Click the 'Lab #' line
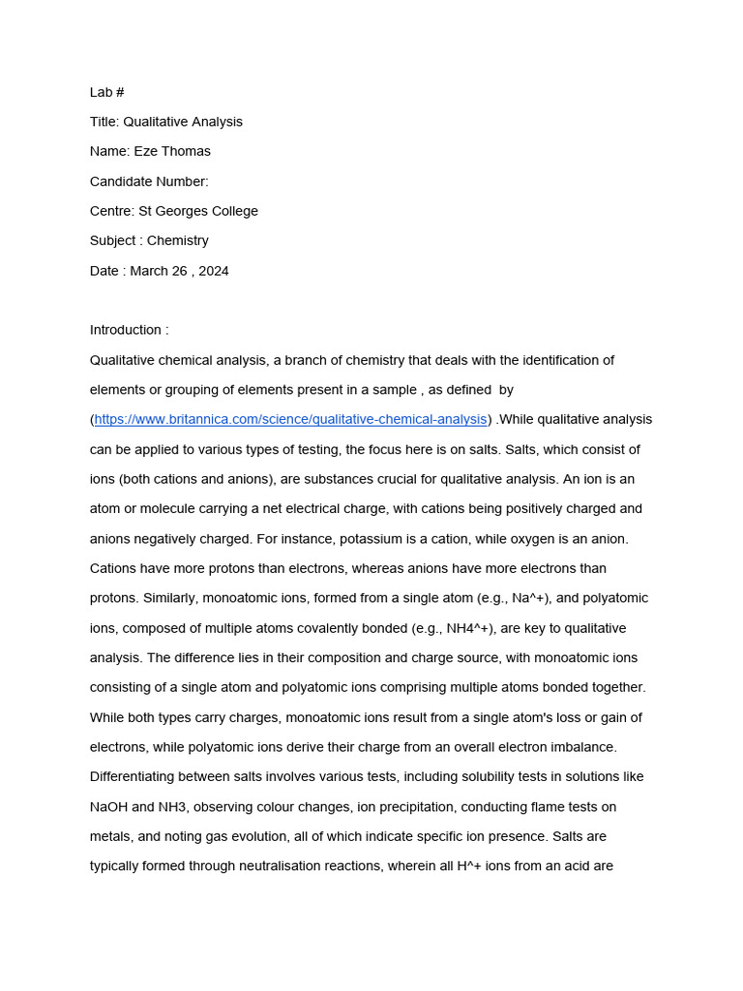point(107,92)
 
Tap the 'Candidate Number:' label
point(149,181)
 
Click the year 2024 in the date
point(213,271)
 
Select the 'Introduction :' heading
point(129,330)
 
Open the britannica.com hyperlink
point(290,419)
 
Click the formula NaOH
point(110,807)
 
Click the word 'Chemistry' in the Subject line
point(178,241)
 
